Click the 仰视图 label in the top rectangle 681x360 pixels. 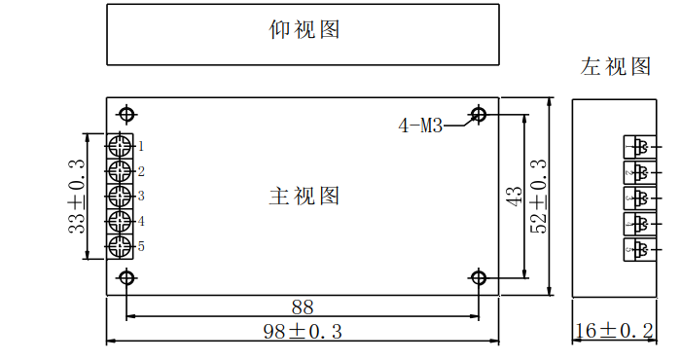tap(304, 29)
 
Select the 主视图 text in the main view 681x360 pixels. tap(304, 196)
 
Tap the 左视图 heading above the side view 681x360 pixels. tap(616, 66)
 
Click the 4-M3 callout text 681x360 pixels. tap(420, 126)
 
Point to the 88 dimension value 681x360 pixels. tap(303, 307)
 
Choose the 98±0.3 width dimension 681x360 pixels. tap(303, 332)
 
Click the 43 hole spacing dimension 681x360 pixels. tap(515, 196)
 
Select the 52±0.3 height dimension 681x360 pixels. tap(539, 196)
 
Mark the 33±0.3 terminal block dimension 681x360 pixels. tap(77, 196)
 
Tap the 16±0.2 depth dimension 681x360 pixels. tap(614, 331)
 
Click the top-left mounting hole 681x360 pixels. tap(126, 115)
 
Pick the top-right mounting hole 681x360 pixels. tap(479, 115)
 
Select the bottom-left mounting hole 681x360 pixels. tap(126, 277)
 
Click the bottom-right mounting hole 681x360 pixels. tap(479, 277)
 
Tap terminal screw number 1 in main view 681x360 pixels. tap(120, 146)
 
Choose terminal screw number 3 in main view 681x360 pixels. tap(120, 197)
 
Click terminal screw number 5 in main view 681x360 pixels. tap(120, 247)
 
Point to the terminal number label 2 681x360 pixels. tap(141, 171)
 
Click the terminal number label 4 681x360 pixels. tap(141, 222)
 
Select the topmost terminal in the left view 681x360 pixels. tap(640, 147)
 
